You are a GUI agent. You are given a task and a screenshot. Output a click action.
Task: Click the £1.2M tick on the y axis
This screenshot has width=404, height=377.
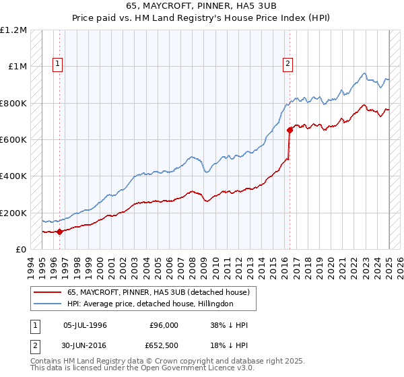tap(13, 30)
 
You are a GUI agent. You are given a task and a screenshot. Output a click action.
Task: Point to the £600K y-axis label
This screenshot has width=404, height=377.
tap(13, 140)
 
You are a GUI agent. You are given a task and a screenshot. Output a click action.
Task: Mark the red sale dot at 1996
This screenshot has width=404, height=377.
tap(60, 232)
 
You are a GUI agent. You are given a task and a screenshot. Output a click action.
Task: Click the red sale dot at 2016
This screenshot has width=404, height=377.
tap(290, 129)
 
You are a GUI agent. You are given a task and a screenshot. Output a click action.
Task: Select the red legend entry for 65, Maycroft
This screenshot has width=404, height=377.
tap(158, 292)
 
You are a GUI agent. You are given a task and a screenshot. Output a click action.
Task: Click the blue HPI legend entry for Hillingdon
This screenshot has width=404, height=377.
tap(149, 304)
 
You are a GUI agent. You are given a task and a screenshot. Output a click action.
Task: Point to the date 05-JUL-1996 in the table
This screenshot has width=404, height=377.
tap(85, 325)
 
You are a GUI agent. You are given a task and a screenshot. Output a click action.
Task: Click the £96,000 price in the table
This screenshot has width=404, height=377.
tap(164, 325)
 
